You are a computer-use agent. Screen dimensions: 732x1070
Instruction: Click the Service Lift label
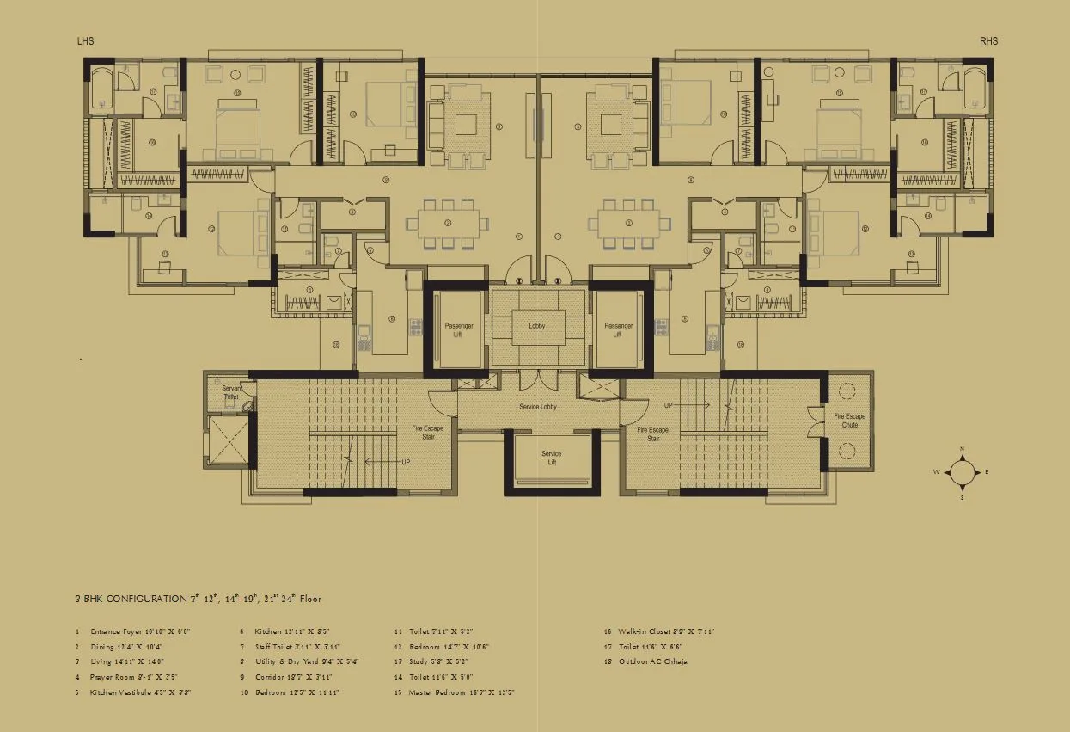(x=551, y=458)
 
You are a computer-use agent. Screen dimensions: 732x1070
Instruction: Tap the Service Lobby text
(x=538, y=406)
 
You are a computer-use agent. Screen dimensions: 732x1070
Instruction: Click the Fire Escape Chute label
(x=849, y=421)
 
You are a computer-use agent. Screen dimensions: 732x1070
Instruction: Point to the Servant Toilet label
(x=231, y=394)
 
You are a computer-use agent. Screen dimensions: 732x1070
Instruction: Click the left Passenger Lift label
(x=458, y=330)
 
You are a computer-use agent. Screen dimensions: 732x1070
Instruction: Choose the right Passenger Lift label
(x=618, y=330)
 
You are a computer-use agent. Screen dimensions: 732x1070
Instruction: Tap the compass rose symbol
(x=962, y=472)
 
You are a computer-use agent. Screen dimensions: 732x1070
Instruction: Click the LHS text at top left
(x=86, y=41)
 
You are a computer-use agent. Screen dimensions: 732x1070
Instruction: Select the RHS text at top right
(x=988, y=41)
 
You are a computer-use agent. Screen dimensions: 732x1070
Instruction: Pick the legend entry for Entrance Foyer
(x=133, y=631)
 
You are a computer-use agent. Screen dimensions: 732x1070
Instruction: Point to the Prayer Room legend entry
(x=128, y=677)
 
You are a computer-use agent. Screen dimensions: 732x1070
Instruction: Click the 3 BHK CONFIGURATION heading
(x=198, y=599)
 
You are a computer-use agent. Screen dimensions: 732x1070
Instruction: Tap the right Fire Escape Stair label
(x=652, y=434)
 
